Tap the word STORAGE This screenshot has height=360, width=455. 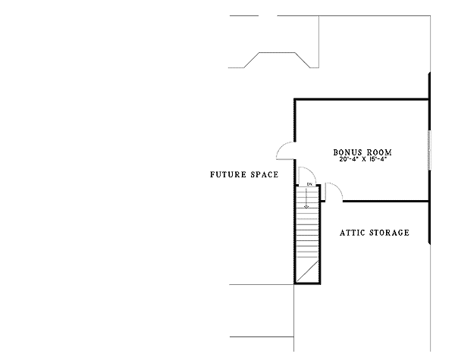390,233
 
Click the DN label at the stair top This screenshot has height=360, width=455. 309,184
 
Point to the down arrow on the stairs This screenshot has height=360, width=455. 306,199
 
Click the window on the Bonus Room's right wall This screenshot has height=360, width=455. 430,150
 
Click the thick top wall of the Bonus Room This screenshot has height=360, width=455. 362,100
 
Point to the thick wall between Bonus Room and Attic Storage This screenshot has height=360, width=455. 386,201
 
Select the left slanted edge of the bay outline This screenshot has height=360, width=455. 251,60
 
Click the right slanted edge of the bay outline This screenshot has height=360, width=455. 303,60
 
